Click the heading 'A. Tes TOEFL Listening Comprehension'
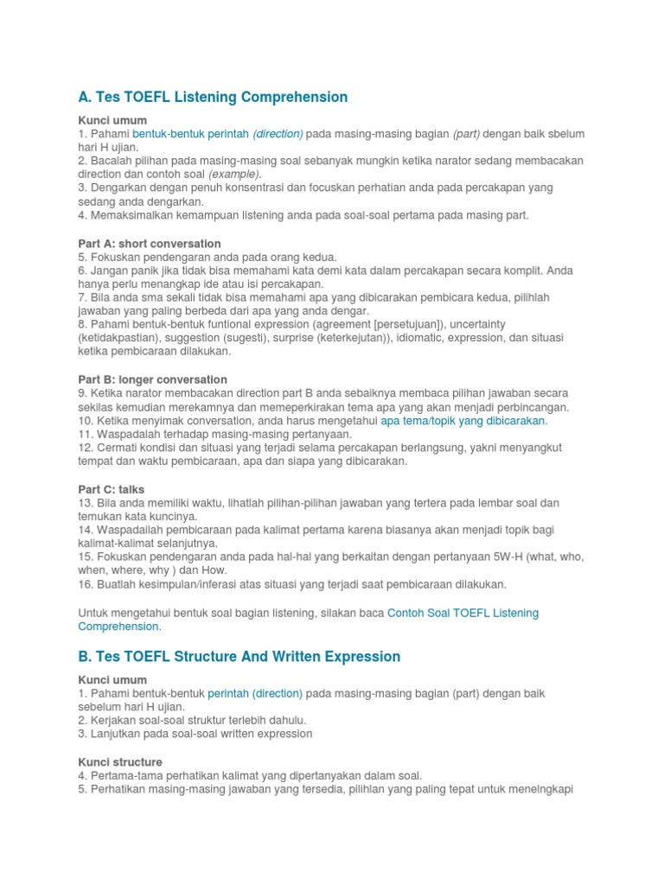coord(213,97)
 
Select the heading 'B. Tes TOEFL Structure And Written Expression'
coord(239,657)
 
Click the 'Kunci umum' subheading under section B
coord(113,680)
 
